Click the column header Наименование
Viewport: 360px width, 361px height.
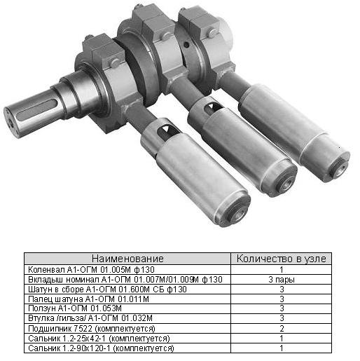(127, 259)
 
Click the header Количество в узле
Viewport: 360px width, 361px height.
(282, 259)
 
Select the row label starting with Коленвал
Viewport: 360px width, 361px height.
(91, 270)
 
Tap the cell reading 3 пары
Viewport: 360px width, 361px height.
(282, 280)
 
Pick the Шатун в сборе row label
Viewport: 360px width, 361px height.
(107, 290)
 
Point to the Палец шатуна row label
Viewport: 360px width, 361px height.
(88, 299)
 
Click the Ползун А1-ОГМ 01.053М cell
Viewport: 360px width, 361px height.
(75, 308)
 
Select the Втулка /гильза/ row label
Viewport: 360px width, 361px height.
(90, 318)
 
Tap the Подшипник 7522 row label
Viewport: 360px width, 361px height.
(92, 329)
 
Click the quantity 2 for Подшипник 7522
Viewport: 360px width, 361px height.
(282, 329)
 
